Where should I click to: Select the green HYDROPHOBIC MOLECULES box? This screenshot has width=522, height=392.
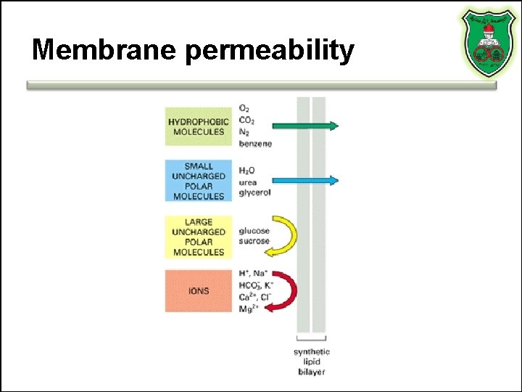point(198,126)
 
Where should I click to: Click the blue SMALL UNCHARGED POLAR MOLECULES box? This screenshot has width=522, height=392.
point(198,181)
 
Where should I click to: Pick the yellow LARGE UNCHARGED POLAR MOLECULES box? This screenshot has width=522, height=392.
point(198,237)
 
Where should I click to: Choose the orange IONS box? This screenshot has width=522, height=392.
point(198,291)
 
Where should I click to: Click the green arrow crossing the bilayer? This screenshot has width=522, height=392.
point(305,126)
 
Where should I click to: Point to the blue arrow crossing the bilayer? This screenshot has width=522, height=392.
point(305,181)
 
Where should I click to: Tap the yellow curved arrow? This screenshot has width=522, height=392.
point(287,235)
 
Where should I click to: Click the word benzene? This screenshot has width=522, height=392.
point(255,144)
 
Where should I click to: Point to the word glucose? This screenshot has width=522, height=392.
point(254,231)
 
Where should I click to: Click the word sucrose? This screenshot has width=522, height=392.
point(254,241)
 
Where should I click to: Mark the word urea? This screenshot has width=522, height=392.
point(247,182)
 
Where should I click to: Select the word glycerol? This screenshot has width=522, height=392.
point(254,193)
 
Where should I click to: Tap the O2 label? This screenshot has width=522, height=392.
point(244,109)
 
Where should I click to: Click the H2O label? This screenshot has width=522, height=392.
point(246,171)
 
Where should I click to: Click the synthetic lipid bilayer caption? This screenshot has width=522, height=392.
point(311,362)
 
